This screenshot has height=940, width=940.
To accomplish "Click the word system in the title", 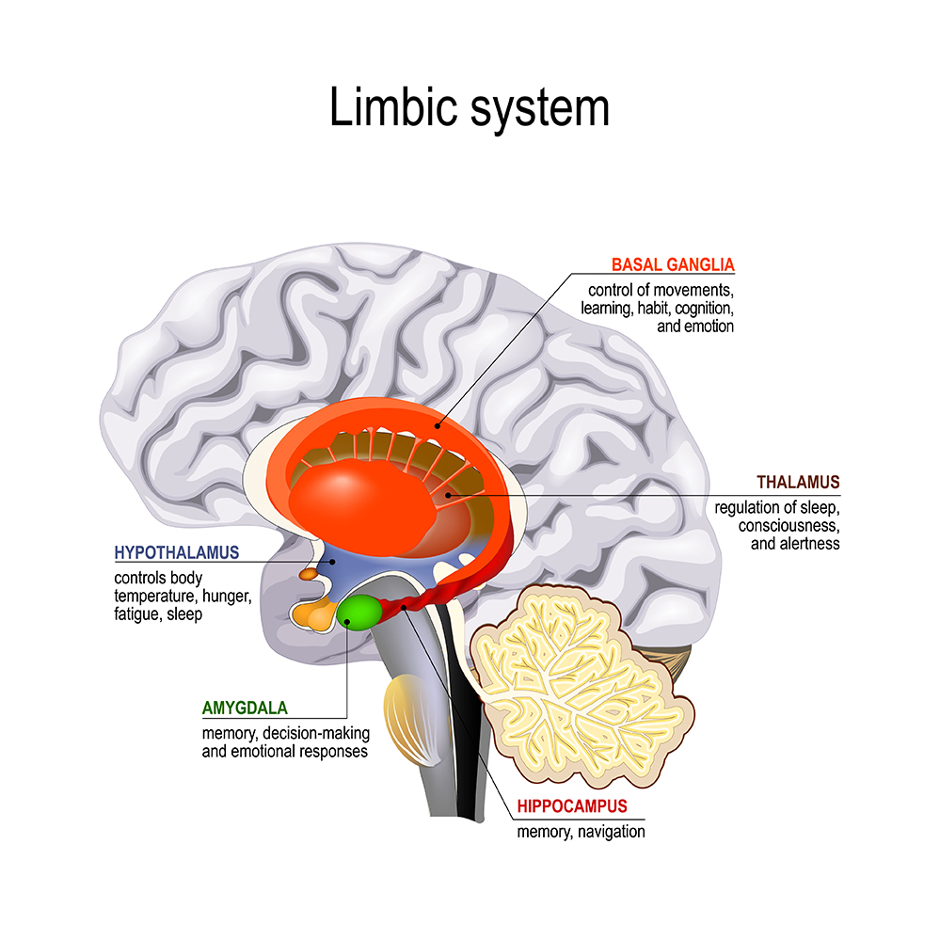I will (x=538, y=109).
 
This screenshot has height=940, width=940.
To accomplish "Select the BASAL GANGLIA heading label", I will (x=673, y=264).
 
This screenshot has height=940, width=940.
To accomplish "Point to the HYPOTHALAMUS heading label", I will (x=176, y=551).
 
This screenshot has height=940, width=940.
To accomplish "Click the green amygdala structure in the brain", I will (x=359, y=612).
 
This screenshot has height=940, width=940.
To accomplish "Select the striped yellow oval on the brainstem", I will (x=407, y=720).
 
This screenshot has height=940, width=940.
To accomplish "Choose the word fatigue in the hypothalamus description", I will (x=136, y=613).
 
